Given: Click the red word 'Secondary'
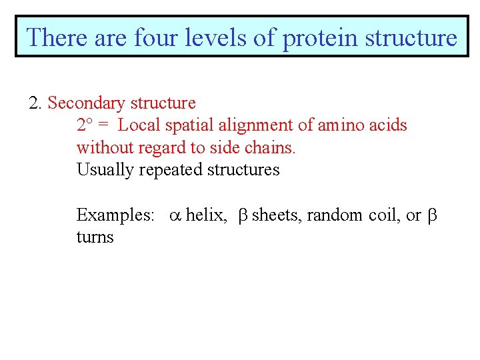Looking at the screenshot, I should (x=87, y=103).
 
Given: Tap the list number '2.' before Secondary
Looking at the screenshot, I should (x=36, y=103).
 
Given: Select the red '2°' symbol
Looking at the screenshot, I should (x=84, y=125).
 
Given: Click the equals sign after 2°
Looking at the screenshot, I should (x=103, y=125).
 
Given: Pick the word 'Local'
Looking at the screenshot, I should (x=136, y=125).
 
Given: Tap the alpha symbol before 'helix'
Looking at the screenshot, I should (x=175, y=215).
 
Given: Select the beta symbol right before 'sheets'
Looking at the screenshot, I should (x=243, y=215).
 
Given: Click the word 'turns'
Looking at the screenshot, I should (x=95, y=237).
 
